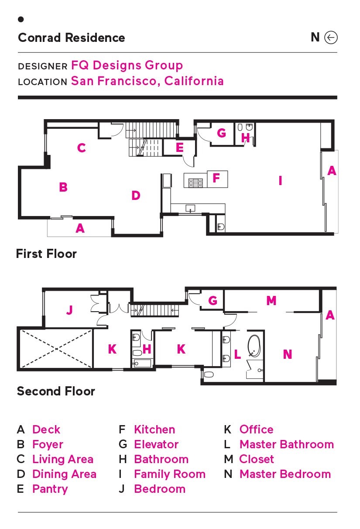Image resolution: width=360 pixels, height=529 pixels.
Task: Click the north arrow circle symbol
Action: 331,37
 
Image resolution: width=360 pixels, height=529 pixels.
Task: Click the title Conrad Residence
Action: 71,38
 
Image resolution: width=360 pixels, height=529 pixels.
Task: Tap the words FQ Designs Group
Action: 127,65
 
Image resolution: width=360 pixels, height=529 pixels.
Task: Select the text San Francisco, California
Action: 147,81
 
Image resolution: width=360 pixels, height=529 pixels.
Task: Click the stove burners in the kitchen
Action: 195,183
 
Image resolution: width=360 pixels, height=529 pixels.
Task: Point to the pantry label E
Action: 180,148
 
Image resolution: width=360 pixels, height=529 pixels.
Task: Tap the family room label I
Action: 280,181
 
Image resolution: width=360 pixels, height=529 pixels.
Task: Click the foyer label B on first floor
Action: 63,187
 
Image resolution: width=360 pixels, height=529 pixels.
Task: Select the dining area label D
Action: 136,196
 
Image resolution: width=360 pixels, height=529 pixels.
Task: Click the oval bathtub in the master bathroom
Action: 254,346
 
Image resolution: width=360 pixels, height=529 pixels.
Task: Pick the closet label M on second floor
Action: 271,301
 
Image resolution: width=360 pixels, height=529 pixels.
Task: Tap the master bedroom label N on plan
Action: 288,354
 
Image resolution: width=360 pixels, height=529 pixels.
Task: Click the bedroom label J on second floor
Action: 69,310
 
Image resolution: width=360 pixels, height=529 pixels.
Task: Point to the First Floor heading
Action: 46,254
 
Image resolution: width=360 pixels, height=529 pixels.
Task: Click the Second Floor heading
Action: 56,391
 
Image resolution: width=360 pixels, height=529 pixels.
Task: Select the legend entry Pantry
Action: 50,489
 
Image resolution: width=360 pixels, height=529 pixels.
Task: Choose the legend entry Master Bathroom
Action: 287,444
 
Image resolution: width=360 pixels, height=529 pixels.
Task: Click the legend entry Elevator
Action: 156,444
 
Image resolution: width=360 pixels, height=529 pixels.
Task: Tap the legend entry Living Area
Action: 63,459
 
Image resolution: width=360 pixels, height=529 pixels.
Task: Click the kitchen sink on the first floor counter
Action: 190,209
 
